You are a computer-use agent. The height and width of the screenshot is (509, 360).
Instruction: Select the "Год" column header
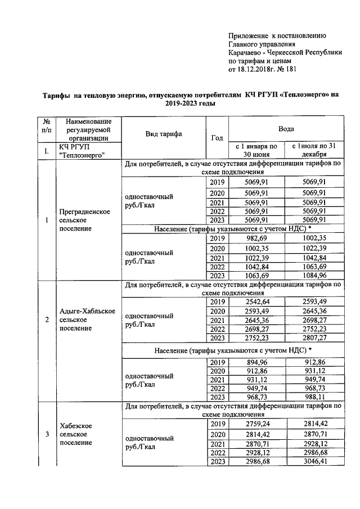pyautogui.click(x=217, y=138)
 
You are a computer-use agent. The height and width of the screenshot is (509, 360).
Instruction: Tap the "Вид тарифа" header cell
pyautogui.click(x=164, y=134)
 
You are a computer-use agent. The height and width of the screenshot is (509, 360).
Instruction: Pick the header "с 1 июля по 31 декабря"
pyautogui.click(x=313, y=150)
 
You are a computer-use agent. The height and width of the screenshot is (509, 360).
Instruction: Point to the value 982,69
pyautogui.click(x=256, y=238)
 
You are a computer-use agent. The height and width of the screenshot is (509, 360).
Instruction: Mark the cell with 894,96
pyautogui.click(x=256, y=362)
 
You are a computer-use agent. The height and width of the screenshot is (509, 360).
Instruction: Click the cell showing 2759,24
pyautogui.click(x=256, y=424)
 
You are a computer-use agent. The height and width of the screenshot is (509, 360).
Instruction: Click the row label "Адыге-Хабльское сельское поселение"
pyautogui.click(x=87, y=320)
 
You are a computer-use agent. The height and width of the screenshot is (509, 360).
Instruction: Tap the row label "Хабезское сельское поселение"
pyautogui.click(x=79, y=434)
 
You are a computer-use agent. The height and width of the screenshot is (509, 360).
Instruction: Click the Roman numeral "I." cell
pyautogui.click(x=46, y=151)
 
